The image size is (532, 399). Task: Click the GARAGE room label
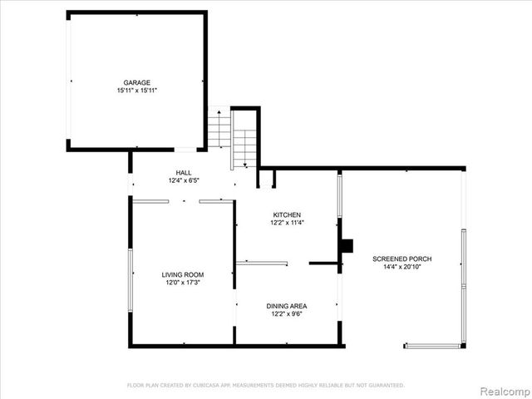tap(137, 82)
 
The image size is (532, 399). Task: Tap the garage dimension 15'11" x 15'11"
tap(137, 90)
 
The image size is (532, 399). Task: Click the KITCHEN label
tap(285, 214)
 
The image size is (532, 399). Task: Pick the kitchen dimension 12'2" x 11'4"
tap(285, 222)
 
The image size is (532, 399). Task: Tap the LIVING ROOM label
tap(183, 274)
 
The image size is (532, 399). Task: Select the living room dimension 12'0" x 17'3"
tap(183, 282)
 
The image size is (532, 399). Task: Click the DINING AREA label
tap(287, 306)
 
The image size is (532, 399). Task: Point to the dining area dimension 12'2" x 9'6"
tap(287, 313)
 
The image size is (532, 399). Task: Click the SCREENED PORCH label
tap(401, 259)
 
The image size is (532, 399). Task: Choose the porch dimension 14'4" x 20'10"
tap(401, 267)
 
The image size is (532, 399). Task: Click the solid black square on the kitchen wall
tap(347, 245)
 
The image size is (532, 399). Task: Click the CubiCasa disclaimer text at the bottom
tap(265, 385)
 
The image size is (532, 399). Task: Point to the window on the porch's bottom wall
tap(432, 346)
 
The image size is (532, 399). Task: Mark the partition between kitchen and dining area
tap(262, 264)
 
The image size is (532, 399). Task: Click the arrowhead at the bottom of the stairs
tap(244, 165)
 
